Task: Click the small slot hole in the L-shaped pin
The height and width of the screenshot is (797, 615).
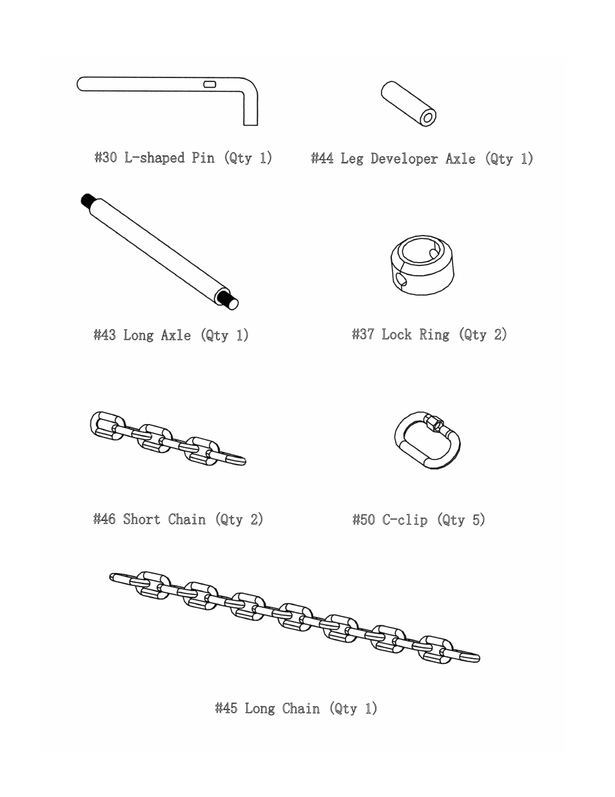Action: pos(210,84)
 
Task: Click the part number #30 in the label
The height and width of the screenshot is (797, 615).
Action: pos(106,158)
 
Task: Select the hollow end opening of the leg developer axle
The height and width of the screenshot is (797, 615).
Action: pos(427,117)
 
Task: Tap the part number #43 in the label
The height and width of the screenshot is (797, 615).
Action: pos(104,336)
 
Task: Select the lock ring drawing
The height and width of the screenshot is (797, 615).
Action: pos(422,265)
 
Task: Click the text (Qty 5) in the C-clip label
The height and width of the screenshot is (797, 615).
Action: pos(461,520)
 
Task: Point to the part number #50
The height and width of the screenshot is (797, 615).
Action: pos(364,520)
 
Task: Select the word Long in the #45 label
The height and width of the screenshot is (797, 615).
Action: pos(260,709)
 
